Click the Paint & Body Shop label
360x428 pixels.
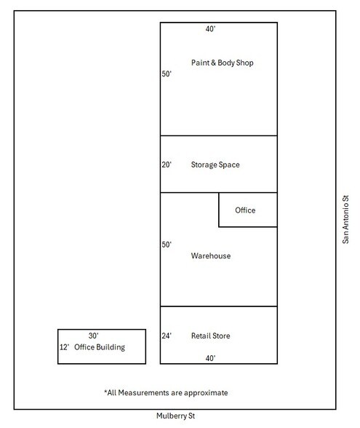(x=223, y=63)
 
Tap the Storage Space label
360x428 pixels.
(x=215, y=165)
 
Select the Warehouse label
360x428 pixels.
(x=211, y=255)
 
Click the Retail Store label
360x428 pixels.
(x=211, y=336)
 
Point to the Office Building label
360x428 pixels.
(x=100, y=347)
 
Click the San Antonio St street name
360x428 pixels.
(x=345, y=219)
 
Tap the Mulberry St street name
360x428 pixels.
(x=176, y=416)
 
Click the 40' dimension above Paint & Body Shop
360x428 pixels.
(x=211, y=28)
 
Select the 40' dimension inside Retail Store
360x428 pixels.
(x=211, y=358)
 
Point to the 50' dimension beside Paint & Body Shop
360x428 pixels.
(x=167, y=74)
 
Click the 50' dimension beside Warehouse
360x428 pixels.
(x=167, y=245)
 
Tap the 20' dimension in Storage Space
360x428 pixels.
(x=167, y=165)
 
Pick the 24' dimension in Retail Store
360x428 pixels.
(x=167, y=336)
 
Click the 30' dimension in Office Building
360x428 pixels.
(x=94, y=336)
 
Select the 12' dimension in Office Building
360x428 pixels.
(x=64, y=347)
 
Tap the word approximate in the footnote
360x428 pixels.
(x=206, y=393)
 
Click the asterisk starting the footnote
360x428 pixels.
(x=105, y=392)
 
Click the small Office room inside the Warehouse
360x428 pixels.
(x=248, y=210)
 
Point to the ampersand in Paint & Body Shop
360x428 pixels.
(x=213, y=63)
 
